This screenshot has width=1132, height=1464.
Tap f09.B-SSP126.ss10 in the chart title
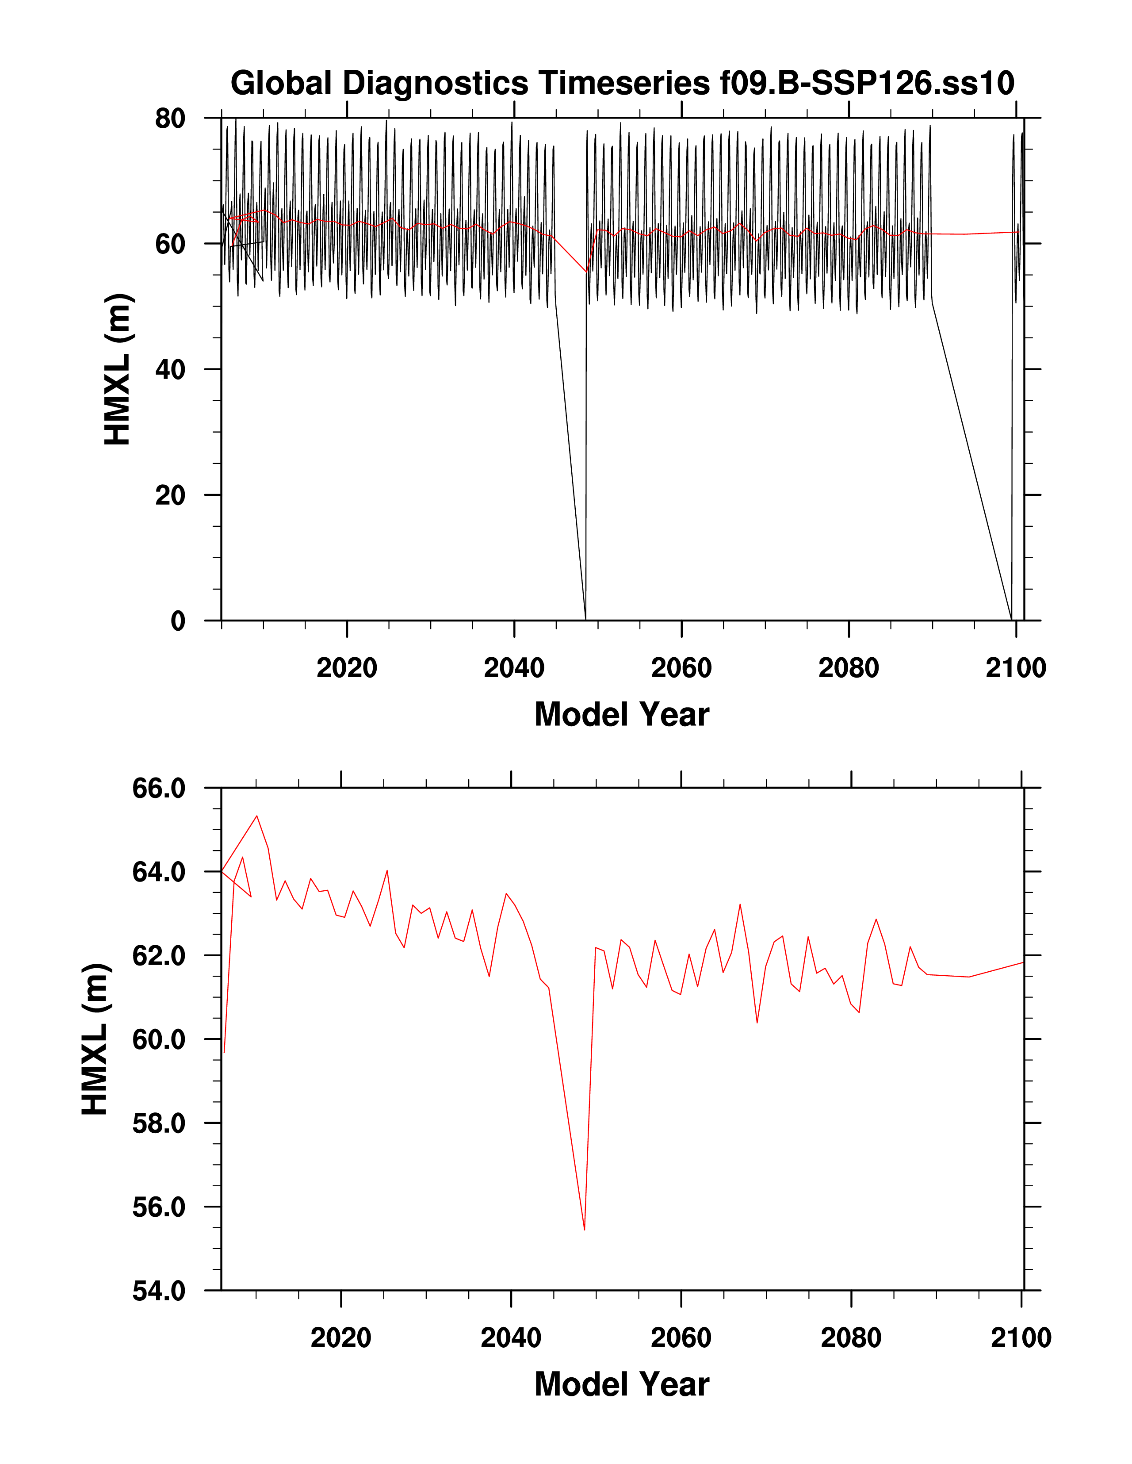[x=867, y=84]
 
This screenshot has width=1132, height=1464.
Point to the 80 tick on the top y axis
[x=170, y=119]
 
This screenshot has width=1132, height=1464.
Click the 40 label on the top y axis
[x=170, y=369]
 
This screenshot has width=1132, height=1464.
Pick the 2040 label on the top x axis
[x=514, y=668]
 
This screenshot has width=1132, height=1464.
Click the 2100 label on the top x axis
[x=1015, y=668]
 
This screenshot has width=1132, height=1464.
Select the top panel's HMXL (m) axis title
[x=118, y=369]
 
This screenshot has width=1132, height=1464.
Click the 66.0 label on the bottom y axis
[x=159, y=788]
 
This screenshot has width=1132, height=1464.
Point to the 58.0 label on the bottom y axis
[x=159, y=1123]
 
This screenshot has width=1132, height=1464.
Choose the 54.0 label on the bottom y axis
[x=159, y=1290]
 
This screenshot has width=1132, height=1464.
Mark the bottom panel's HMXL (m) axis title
[x=95, y=1039]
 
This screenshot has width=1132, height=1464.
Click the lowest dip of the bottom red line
[x=585, y=1230]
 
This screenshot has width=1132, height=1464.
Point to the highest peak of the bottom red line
[x=257, y=816]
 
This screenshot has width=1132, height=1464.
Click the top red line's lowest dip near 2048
[x=586, y=272]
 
